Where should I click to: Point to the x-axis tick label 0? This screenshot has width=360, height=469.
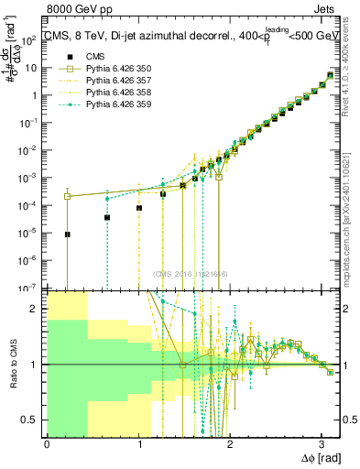coord(47,444)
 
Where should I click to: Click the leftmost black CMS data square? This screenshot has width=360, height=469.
coord(68,234)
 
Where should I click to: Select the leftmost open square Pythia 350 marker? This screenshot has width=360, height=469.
coord(68,196)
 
